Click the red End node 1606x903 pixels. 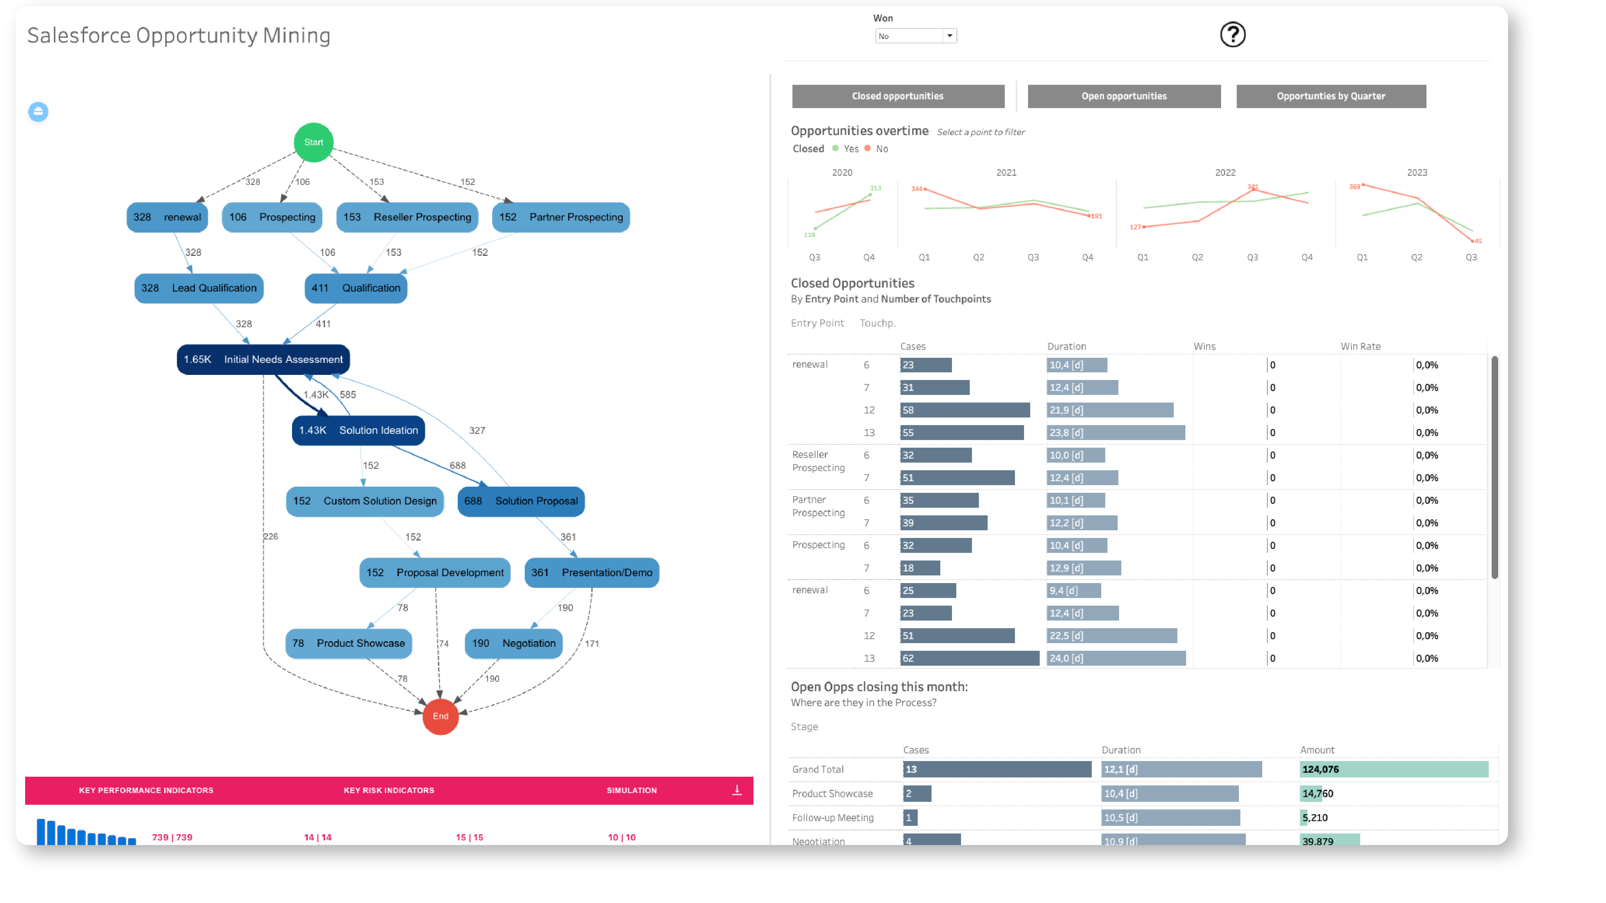(440, 716)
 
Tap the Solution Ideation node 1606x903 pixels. (358, 430)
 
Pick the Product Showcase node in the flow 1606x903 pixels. (349, 643)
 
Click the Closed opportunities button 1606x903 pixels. (897, 96)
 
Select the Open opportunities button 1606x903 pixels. (1123, 96)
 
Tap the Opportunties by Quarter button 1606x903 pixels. (1330, 96)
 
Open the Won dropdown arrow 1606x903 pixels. (949, 36)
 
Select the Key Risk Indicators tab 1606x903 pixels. (389, 790)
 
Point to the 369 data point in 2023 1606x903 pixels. (1363, 185)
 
